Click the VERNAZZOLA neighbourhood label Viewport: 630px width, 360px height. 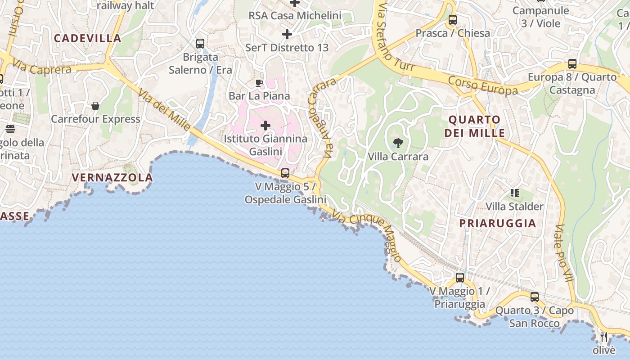point(112,178)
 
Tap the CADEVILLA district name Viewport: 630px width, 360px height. point(88,38)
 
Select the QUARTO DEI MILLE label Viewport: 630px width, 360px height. point(474,126)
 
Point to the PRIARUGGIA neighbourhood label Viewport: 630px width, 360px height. point(498,223)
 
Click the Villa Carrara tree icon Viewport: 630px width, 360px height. point(398,144)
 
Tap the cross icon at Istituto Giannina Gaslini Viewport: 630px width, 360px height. point(265,125)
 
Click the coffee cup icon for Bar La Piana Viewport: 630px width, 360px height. point(259,82)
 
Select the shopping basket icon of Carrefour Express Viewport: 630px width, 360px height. point(95,106)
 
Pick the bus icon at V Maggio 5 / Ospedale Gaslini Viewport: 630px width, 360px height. point(285,173)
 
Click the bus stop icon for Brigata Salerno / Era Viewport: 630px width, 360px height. point(200,44)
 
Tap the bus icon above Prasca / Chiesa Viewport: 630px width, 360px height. point(452,20)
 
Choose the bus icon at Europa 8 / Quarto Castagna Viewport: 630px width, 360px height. point(572,64)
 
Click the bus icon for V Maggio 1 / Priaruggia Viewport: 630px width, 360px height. point(459,277)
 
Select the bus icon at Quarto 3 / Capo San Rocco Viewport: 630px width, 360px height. point(534,297)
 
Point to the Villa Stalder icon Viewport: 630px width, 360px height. point(515,193)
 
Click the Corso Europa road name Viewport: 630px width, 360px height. point(483,85)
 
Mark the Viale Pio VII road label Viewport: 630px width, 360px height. point(564,253)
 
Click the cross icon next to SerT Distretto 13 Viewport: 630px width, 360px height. point(287,34)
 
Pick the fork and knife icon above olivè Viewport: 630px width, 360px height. point(604,337)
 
